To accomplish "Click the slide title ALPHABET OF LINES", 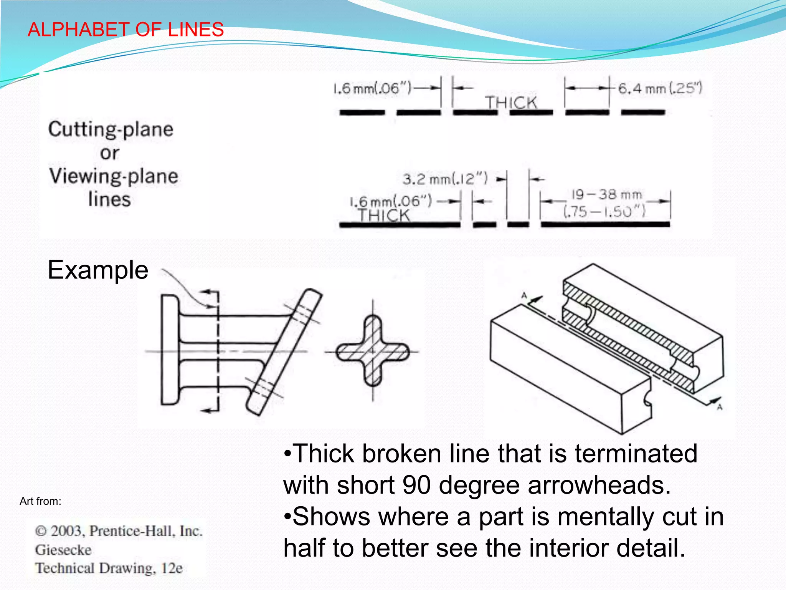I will [125, 30].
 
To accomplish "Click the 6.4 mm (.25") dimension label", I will [660, 89].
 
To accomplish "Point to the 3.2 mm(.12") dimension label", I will [445, 179].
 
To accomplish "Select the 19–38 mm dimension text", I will [606, 195].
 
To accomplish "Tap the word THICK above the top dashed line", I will [511, 103].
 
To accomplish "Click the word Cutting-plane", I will [111, 129].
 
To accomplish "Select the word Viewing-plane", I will [114, 176].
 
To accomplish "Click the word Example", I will [98, 270].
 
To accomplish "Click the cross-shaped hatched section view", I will [372, 351].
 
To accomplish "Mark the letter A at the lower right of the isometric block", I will [720, 407].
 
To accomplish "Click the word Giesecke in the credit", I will [63, 550].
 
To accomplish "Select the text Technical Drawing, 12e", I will [109, 568].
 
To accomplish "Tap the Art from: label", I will [40, 501].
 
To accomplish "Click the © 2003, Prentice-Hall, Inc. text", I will [119, 531].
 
